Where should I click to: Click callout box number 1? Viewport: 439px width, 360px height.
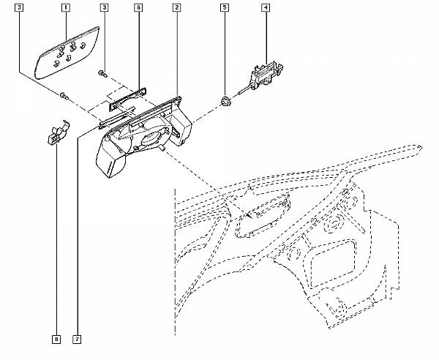(x=66, y=7)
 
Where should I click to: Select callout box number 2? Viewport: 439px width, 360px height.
(x=176, y=7)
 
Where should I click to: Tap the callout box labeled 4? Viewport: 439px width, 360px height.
(x=266, y=7)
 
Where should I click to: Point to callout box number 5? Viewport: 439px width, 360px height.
(x=225, y=7)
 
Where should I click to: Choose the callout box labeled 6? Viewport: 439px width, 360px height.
(x=138, y=7)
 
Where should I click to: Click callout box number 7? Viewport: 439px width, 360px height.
(x=77, y=340)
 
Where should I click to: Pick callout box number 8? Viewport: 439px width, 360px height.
(x=56, y=340)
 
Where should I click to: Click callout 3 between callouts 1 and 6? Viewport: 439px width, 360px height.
(x=104, y=7)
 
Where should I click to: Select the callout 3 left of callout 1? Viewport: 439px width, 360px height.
(x=19, y=7)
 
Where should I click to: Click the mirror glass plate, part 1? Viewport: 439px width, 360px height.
(x=67, y=53)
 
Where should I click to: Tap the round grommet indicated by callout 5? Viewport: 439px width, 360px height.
(x=225, y=102)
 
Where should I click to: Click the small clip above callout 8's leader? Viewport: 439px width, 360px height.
(x=59, y=132)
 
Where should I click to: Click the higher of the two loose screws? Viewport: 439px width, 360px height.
(x=103, y=74)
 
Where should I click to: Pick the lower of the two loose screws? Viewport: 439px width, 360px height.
(x=64, y=96)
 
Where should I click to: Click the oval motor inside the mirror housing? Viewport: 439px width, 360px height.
(x=152, y=137)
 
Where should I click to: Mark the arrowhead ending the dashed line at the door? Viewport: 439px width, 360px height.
(x=248, y=215)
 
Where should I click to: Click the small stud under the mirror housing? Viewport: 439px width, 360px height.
(x=161, y=148)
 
